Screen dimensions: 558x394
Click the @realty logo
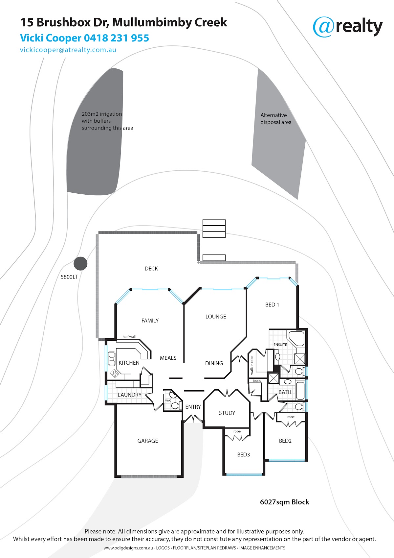point(347,27)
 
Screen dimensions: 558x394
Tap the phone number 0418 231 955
point(117,38)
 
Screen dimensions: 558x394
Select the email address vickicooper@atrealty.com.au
point(68,50)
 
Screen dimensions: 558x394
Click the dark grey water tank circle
point(80,263)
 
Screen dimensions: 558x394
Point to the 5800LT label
point(69,277)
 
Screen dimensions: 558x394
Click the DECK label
point(151,269)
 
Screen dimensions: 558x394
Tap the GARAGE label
point(147,441)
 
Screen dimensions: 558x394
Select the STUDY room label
point(227,413)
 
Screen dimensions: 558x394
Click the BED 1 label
point(272,305)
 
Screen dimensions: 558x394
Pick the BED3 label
point(243,454)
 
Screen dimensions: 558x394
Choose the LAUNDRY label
point(129,395)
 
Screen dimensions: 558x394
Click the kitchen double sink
point(112,358)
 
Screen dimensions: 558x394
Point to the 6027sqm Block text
point(284,502)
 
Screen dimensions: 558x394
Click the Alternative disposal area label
point(276,119)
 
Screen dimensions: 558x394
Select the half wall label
point(129,337)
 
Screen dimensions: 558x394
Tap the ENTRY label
point(193,407)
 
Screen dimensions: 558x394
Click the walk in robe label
point(252,365)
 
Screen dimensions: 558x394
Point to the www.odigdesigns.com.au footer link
point(128,548)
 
